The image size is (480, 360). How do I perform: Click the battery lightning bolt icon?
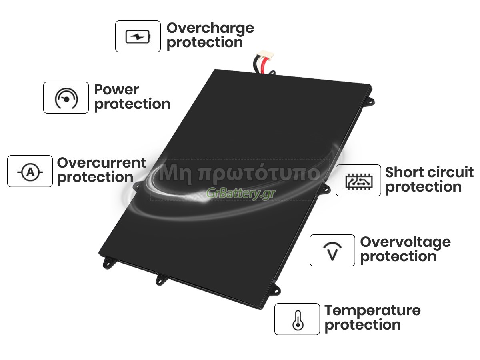click(138, 36)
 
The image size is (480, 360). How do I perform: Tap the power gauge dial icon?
click(66, 98)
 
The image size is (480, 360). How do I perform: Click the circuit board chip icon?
click(359, 181)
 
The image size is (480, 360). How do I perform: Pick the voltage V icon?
click(332, 251)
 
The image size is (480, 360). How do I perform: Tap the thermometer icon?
click(298, 320)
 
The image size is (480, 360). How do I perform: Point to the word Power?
click(116, 90)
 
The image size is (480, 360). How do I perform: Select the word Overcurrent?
click(102, 163)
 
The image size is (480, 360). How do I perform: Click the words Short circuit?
click(429, 172)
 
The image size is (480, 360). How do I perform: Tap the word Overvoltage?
click(406, 243)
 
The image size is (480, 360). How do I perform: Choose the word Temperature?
click(372, 311)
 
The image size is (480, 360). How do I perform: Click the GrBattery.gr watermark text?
click(240, 194)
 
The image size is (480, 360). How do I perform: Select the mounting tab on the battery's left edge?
click(137, 186)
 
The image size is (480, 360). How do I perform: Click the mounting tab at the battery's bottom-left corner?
click(108, 262)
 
